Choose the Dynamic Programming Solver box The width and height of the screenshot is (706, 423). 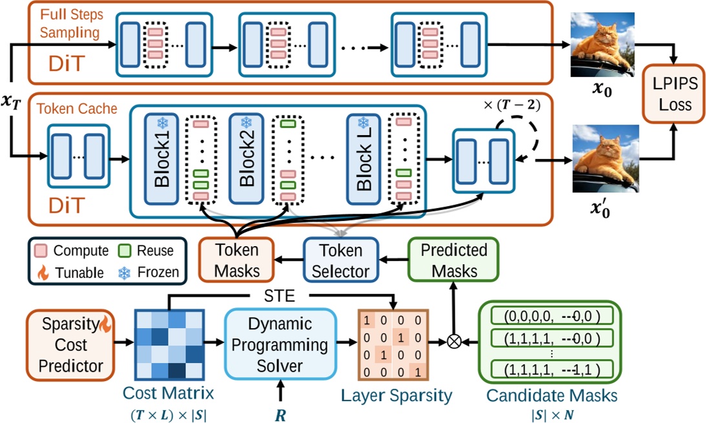click(280, 344)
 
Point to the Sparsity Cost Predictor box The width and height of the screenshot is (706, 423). click(70, 344)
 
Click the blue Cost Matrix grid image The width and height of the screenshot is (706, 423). click(169, 345)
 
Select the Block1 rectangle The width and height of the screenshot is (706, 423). click(161, 156)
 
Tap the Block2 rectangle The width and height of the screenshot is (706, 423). click(245, 156)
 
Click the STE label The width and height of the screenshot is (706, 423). click(280, 296)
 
